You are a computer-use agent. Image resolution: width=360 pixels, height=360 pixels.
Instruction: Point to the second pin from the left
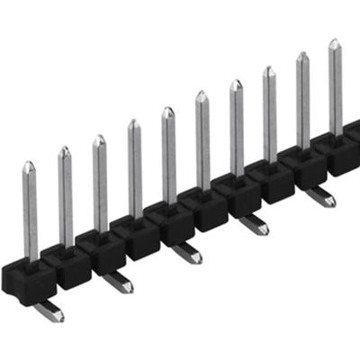click(65, 198)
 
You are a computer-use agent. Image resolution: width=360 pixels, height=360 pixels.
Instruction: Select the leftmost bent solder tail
click(49, 311)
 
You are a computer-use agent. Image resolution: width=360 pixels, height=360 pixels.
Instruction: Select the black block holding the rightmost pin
click(337, 153)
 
